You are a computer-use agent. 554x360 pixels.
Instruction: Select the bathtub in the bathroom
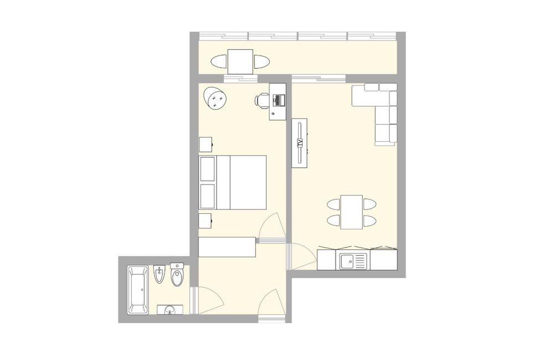[137, 290]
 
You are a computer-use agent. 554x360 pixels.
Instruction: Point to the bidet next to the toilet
[159, 275]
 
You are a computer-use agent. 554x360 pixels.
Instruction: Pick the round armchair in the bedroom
[215, 99]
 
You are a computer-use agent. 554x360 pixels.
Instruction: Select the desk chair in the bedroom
[263, 100]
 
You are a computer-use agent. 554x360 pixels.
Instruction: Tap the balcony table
[241, 61]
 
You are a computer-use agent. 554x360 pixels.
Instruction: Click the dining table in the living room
[352, 212]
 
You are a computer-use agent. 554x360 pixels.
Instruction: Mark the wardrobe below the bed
[227, 247]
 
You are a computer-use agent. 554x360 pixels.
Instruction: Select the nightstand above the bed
[206, 144]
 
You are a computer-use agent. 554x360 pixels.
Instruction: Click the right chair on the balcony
[261, 61]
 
